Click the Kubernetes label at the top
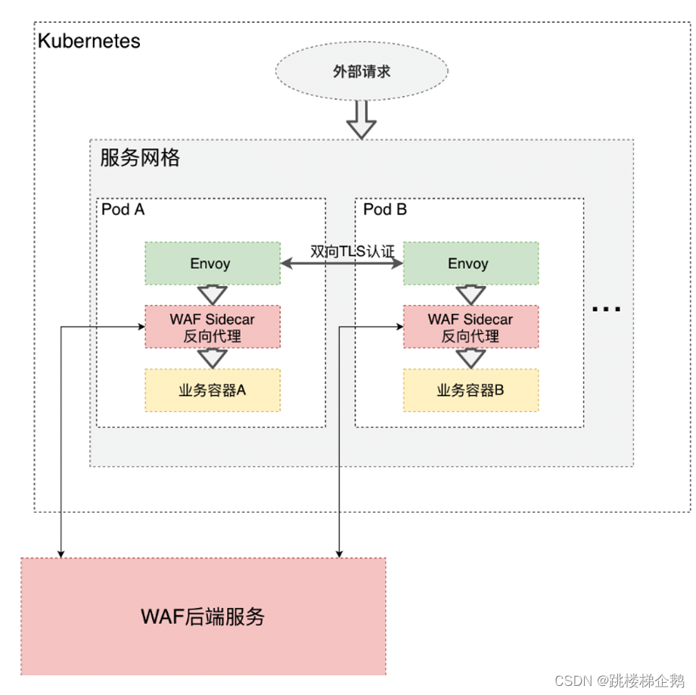tap(89, 41)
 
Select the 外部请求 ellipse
tap(361, 73)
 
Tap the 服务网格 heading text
tap(140, 158)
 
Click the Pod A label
tap(123, 210)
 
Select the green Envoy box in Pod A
tap(212, 263)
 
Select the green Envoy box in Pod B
tap(470, 263)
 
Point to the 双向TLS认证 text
tap(353, 251)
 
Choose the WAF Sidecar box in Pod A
tap(212, 327)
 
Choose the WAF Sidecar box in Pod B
tap(470, 327)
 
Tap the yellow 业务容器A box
tap(212, 391)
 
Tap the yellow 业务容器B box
tap(470, 391)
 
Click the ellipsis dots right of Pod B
tap(606, 309)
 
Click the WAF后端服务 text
tap(203, 616)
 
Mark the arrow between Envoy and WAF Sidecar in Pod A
tap(212, 295)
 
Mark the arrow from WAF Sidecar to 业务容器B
tap(470, 358)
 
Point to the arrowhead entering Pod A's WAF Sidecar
tap(141, 327)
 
